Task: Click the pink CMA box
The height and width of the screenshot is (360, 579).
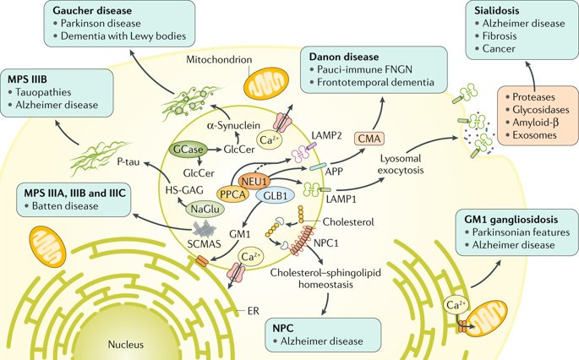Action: coord(369,139)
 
